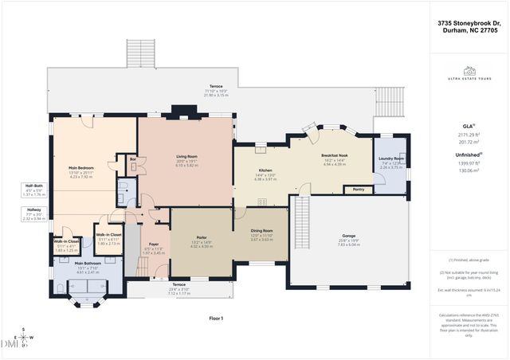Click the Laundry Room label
pos(391,158)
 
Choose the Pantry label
pos(357,190)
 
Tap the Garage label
pos(349,236)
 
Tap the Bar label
pos(132,159)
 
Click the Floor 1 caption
pos(215,318)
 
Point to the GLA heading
pos(468,126)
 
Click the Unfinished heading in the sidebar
pos(468,155)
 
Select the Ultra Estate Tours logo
pos(468,73)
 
